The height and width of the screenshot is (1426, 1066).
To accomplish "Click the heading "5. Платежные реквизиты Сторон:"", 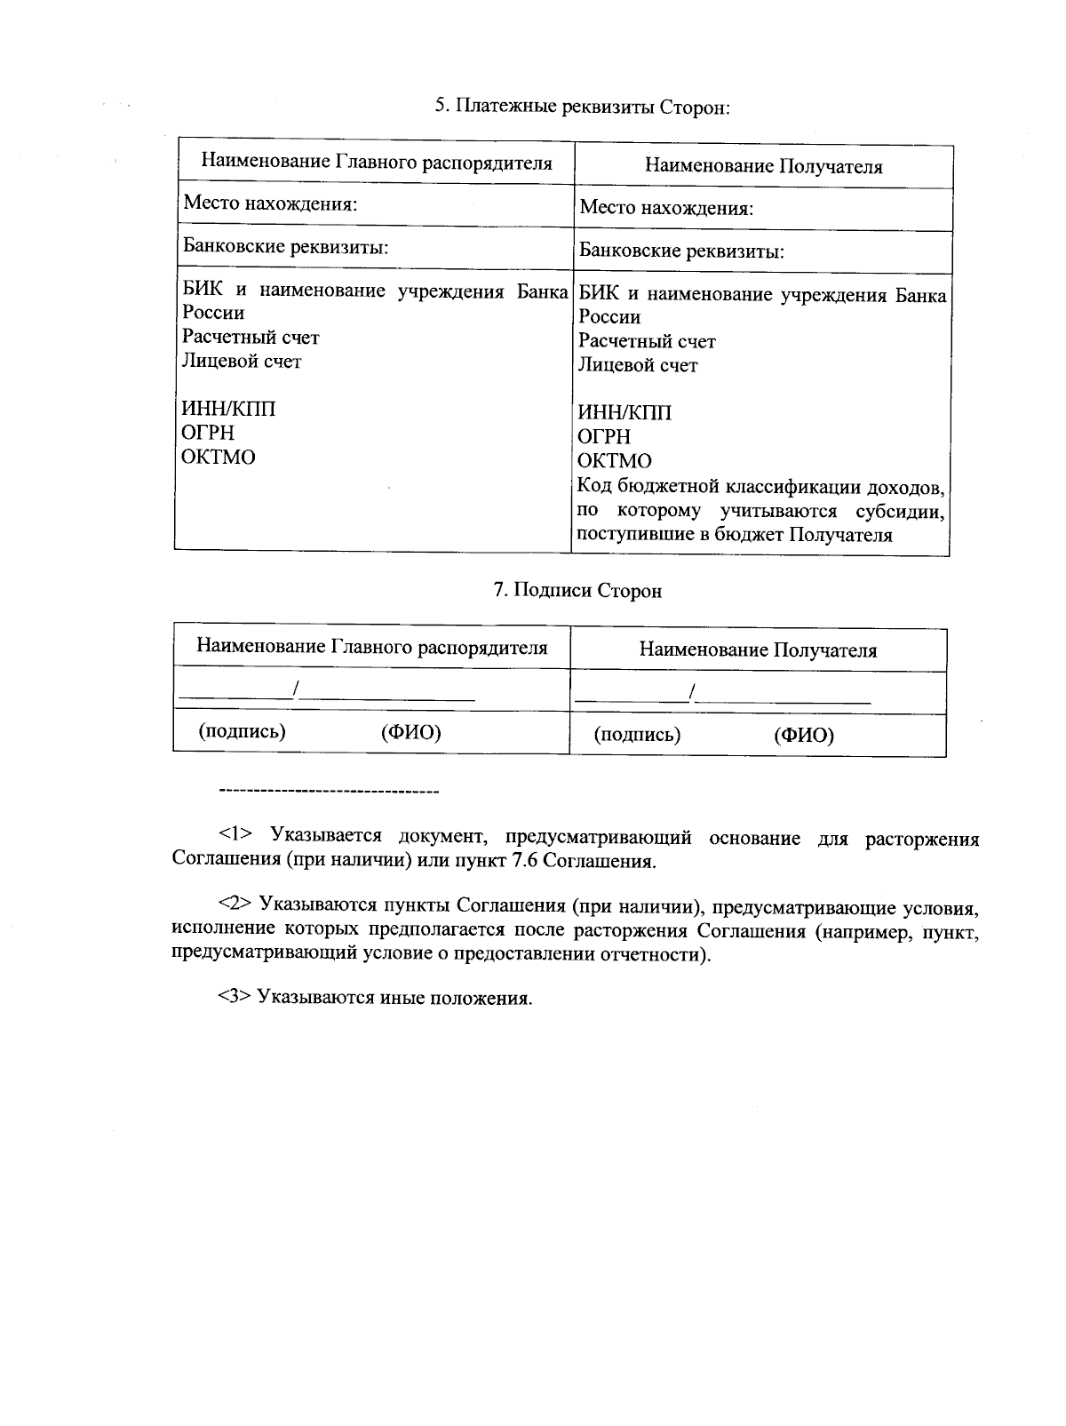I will tap(583, 108).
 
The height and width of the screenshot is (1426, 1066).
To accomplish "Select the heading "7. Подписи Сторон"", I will tap(577, 591).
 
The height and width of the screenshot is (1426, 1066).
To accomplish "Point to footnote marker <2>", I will tap(236, 904).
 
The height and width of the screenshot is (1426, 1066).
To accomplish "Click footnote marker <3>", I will tap(236, 998).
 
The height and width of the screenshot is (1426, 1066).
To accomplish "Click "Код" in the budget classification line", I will tap(595, 487).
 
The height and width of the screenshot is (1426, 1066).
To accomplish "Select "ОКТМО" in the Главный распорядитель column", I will tap(219, 458).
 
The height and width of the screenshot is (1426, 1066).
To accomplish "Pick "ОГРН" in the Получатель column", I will tap(604, 437).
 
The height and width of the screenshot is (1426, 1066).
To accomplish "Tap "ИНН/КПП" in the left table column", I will tap(228, 409).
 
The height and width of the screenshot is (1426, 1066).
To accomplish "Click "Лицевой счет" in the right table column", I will tap(638, 365).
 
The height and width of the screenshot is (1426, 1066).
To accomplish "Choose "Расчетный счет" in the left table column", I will tap(251, 338).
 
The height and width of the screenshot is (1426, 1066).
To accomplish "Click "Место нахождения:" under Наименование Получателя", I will tap(666, 209).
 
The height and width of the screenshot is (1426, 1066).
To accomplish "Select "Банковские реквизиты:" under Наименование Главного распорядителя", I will tap(285, 247).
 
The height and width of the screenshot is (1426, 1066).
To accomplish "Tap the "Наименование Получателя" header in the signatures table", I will tap(758, 650).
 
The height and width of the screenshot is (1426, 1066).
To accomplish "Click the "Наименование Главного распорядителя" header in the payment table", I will tap(377, 163).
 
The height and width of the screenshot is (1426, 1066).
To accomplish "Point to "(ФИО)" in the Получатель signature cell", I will tap(804, 736).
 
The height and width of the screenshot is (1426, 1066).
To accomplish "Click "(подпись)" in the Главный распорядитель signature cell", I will tap(243, 731).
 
